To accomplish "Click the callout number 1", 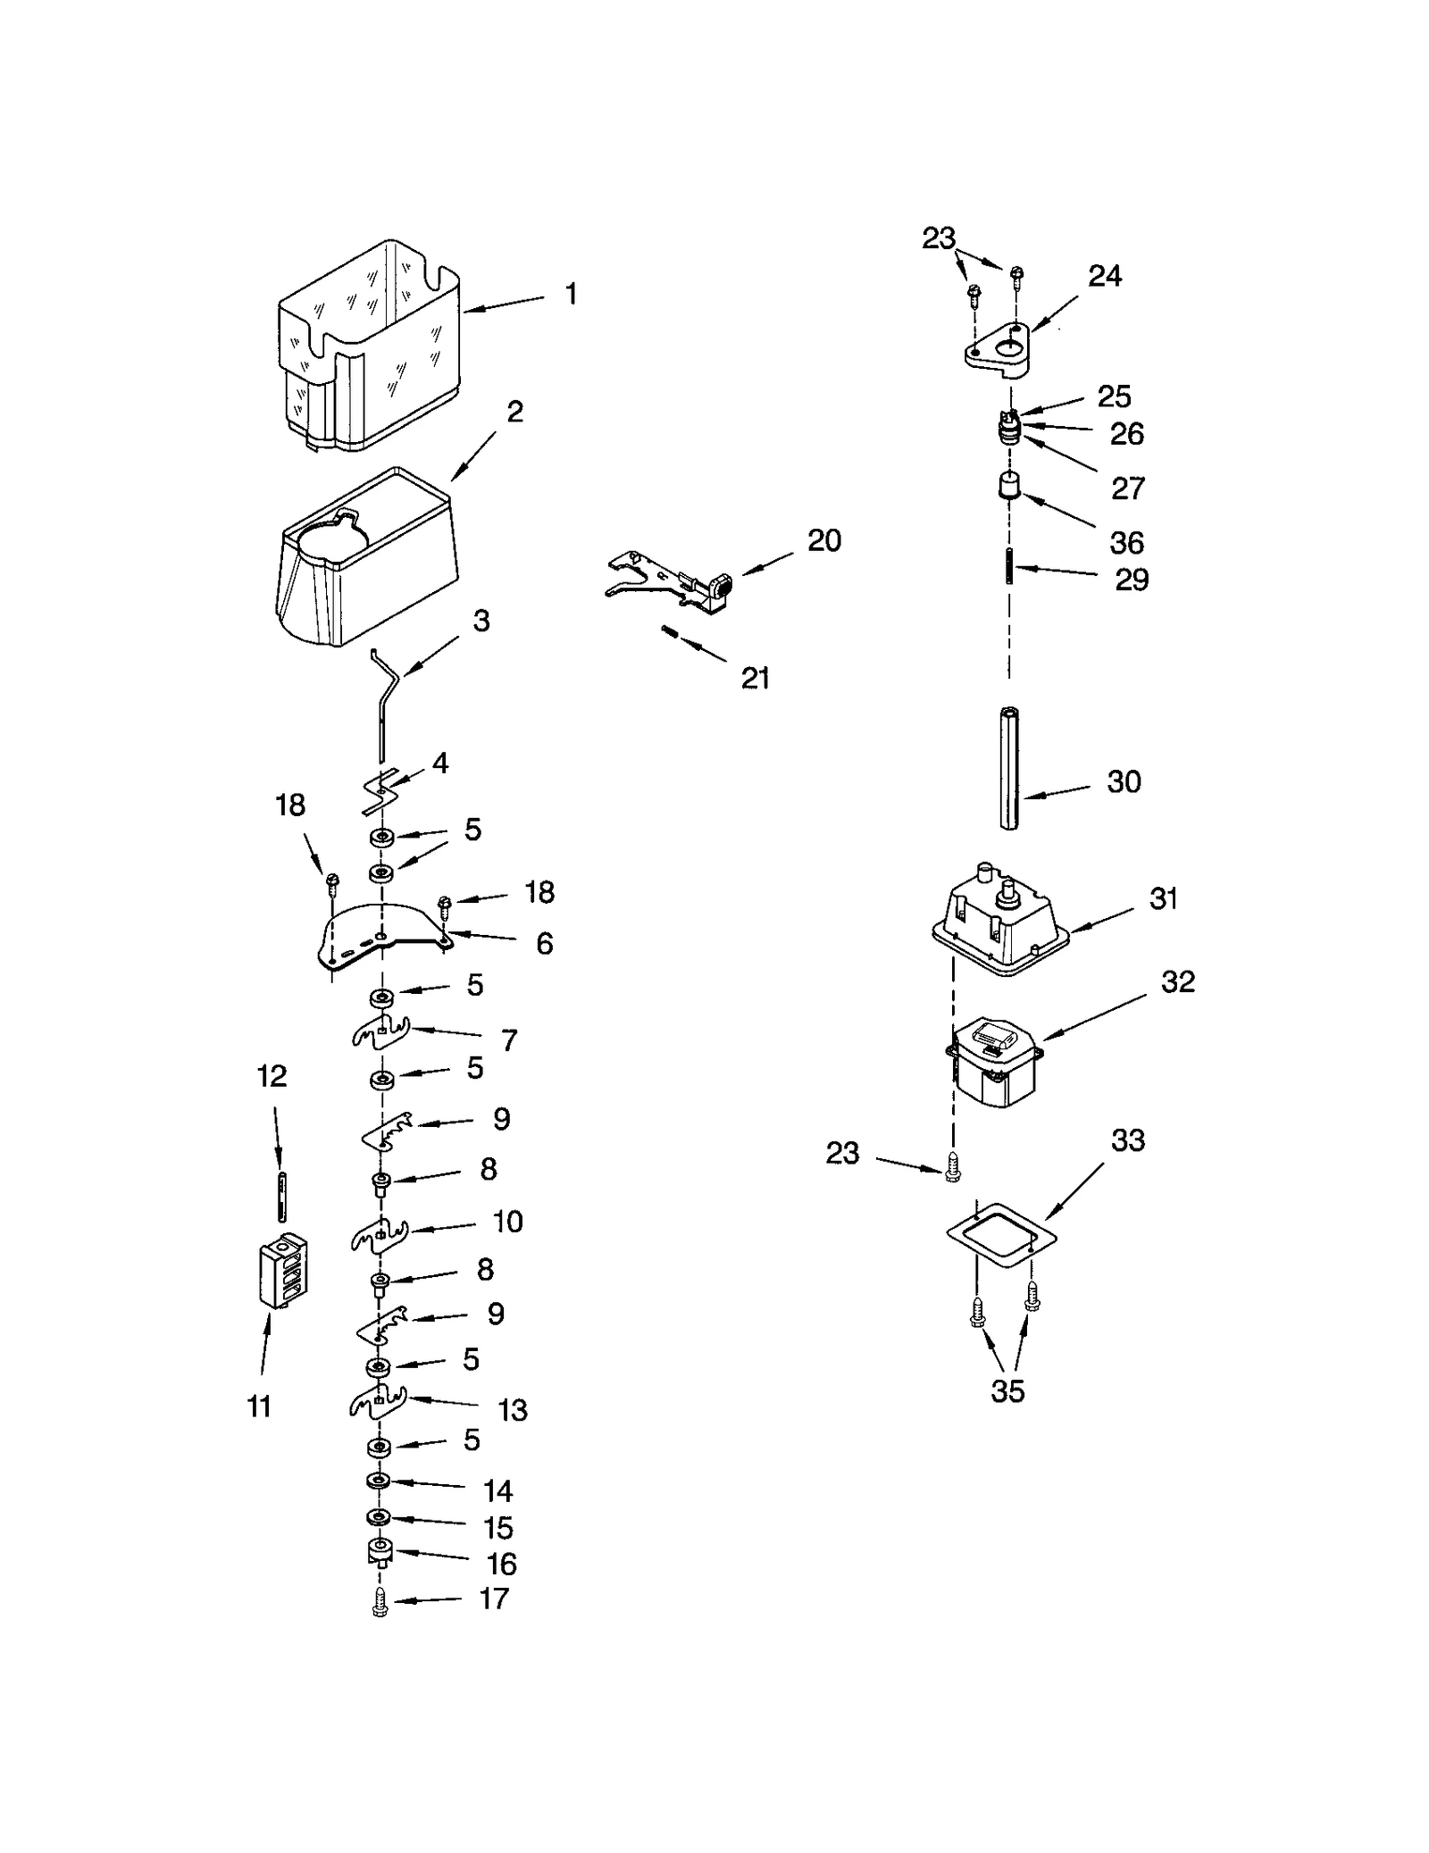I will click(571, 294).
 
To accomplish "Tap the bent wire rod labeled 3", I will click(388, 697).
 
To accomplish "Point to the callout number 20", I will click(823, 540).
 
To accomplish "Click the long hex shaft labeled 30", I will click(1009, 769).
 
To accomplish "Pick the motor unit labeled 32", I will click(993, 1062).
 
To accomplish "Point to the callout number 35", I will click(1007, 1391).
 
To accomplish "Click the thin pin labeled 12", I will click(282, 1197).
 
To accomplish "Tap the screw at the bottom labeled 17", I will click(380, 1609).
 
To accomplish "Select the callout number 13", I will click(512, 1410).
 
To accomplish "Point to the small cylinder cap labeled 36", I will click(1009, 488).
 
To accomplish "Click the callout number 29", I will click(1131, 580).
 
